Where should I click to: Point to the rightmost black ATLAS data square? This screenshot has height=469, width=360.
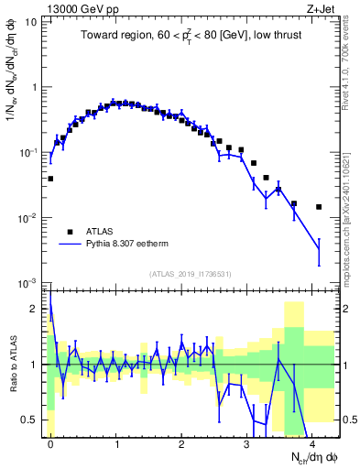(319, 207)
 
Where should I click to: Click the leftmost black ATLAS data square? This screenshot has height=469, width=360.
(50, 179)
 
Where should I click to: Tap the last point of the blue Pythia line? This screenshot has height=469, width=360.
(319, 248)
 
